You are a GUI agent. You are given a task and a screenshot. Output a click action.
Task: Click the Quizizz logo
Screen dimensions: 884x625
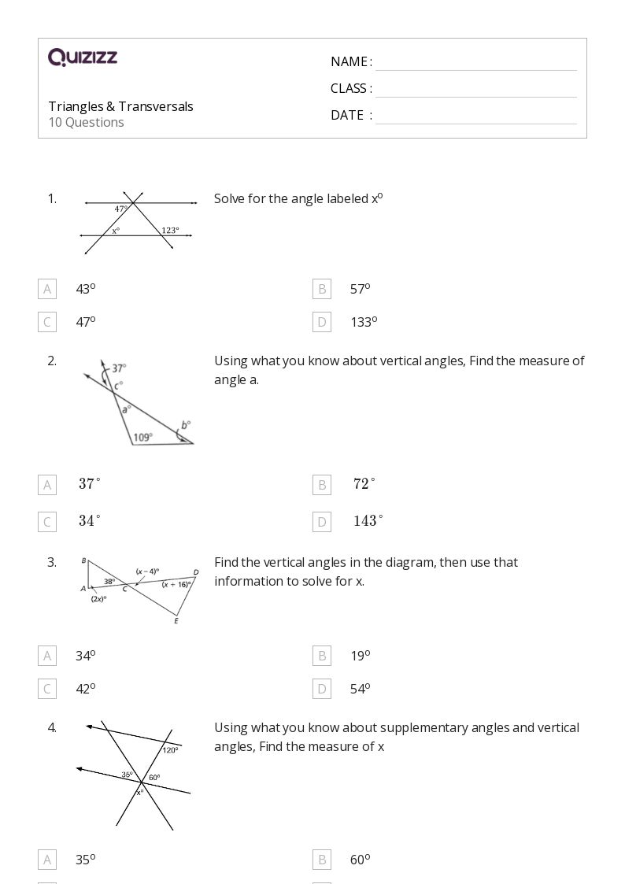point(82,57)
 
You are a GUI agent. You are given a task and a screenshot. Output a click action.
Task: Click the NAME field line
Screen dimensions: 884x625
point(475,63)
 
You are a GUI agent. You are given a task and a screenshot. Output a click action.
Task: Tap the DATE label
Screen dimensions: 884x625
point(347,115)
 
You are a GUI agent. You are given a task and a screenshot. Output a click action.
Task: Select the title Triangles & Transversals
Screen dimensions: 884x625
point(120,106)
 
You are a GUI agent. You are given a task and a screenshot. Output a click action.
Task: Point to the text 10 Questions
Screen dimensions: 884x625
point(86,122)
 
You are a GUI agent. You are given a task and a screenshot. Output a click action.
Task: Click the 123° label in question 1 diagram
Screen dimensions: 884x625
point(170,231)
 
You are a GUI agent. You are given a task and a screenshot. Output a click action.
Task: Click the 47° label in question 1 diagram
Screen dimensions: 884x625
point(121,209)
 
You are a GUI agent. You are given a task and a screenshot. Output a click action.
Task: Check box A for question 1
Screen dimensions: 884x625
point(47,289)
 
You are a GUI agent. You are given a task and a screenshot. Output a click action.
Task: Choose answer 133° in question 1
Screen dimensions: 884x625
point(364,322)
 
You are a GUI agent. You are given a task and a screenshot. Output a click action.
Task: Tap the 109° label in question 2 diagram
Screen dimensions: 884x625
point(142,437)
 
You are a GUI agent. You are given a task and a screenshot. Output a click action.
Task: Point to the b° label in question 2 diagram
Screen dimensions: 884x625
point(186,425)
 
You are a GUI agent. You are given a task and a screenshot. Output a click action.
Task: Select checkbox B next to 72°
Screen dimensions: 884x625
point(321,485)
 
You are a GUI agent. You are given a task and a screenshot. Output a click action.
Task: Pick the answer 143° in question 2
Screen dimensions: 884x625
point(368,521)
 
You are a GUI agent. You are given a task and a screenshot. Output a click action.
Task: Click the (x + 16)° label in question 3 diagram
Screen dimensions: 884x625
point(176,585)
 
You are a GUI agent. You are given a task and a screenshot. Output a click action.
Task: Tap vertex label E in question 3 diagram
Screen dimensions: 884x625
point(176,621)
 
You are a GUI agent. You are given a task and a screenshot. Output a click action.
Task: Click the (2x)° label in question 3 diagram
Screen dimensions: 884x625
point(98,598)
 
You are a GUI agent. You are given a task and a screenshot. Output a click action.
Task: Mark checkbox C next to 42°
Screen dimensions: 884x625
point(47,689)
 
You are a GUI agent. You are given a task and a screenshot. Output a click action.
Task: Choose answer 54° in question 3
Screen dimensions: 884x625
point(360,689)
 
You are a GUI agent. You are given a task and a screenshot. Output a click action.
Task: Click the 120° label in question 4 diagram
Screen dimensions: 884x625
point(171,750)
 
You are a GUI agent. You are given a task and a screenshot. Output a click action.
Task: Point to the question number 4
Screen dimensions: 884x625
point(52,727)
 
